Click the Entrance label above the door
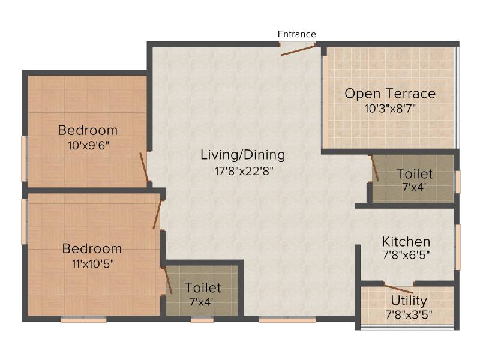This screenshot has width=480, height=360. coord(296,34)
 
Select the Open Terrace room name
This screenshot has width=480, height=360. coord(390,94)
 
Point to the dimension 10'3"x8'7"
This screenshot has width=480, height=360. coord(390,109)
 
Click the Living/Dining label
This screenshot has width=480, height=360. coord(243,155)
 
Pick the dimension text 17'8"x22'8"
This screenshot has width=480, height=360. coord(244,171)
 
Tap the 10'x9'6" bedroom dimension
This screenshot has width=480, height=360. coord(88,145)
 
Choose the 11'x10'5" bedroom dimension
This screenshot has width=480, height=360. coord(93,263)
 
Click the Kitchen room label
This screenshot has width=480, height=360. coord(406,242)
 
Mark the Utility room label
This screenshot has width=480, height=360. coord(409,301)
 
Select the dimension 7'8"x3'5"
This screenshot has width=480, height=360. coord(409,314)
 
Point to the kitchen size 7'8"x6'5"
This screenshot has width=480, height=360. coord(406,254)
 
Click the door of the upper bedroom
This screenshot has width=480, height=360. coord(144,167)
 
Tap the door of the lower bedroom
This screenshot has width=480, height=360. coord(157,215)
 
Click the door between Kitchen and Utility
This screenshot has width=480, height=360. coord(398,289)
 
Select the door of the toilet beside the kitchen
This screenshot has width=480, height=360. coord(375,168)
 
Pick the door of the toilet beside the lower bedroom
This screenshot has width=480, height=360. coord(168,281)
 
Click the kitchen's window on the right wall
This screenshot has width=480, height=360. coord(458,247)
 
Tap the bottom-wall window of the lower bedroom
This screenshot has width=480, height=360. coord(83,320)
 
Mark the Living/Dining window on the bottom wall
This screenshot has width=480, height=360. coord(287,320)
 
